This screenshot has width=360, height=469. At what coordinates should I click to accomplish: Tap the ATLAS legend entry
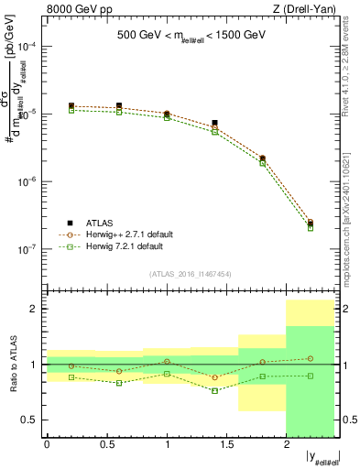(x=100, y=223)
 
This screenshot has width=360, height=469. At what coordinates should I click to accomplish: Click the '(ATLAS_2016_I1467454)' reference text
(x=191, y=273)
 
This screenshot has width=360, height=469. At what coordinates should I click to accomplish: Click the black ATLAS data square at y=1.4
(x=214, y=123)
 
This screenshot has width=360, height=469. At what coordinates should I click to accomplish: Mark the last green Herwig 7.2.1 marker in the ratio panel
(x=311, y=376)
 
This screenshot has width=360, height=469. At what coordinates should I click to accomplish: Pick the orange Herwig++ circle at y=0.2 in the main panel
(x=71, y=108)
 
